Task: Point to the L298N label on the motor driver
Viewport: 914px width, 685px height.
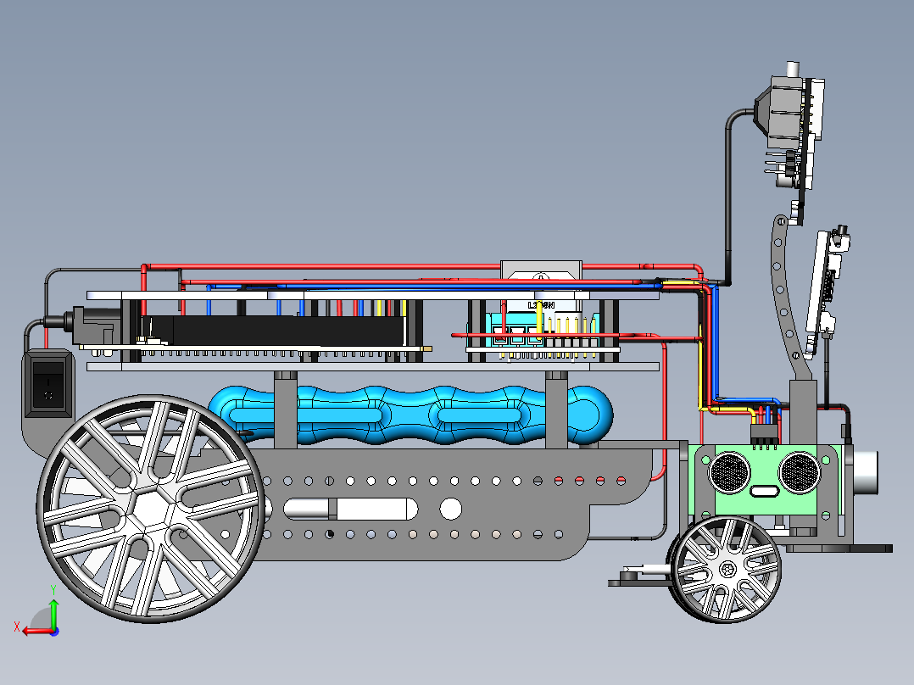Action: [540, 305]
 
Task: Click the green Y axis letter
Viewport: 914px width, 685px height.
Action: [53, 588]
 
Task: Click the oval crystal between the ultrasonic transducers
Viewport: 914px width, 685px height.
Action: [764, 492]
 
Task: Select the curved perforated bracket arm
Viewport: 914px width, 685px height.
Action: [786, 297]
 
